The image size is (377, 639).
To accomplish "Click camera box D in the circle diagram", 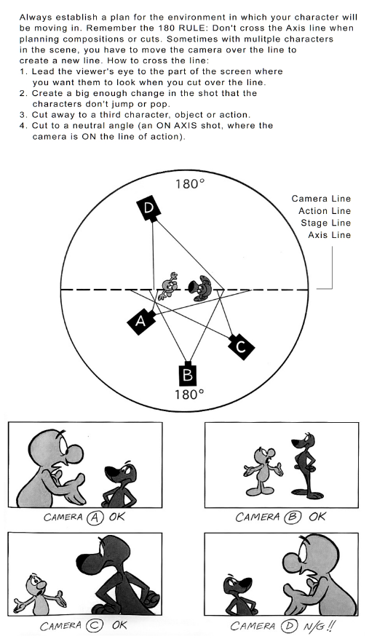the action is point(148,208).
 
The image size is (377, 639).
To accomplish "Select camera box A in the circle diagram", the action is point(141,321).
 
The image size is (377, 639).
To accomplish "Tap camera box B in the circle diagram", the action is point(188,373).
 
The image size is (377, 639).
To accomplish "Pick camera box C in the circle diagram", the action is point(240,347).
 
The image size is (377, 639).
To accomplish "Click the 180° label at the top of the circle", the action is point(190,184).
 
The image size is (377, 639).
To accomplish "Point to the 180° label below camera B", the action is point(189,394).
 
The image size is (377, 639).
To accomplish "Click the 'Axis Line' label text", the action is point(329,235).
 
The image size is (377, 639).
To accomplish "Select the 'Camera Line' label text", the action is point(321,199).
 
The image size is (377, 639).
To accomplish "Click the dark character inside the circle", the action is point(199,287).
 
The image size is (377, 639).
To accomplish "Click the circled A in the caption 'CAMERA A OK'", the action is point(95,517).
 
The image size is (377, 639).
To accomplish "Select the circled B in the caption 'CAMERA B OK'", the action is point(294,517).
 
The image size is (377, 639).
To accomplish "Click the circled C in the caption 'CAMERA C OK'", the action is point(94,626).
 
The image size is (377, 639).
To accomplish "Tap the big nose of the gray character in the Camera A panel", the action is point(73,453).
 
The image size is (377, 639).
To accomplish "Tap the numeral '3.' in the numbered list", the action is point(23,114).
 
